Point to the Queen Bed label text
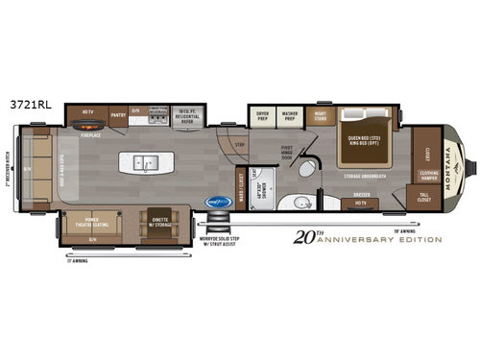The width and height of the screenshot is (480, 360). pyautogui.click(x=368, y=137)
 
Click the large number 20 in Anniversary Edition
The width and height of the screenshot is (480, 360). pyautogui.click(x=305, y=236)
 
